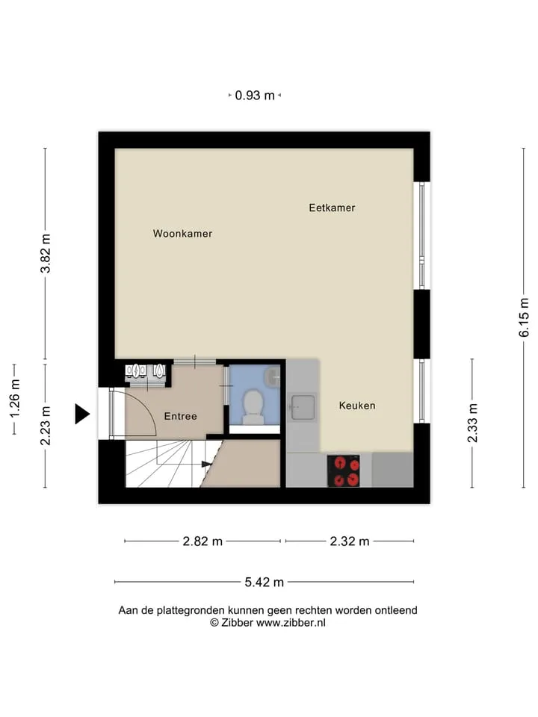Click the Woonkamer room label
pyautogui.click(x=182, y=234)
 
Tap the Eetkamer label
pyautogui.click(x=332, y=208)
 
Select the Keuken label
pyautogui.click(x=357, y=406)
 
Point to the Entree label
pyautogui.click(x=181, y=416)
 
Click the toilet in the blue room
pyautogui.click(x=253, y=406)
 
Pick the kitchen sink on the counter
pyautogui.click(x=303, y=407)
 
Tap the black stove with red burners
pyautogui.click(x=343, y=471)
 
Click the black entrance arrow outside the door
pyautogui.click(x=82, y=414)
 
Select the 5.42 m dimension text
pyautogui.click(x=265, y=582)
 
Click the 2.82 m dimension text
pyautogui.click(x=202, y=541)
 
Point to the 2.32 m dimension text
pyautogui.click(x=350, y=541)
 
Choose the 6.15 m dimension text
pyautogui.click(x=524, y=317)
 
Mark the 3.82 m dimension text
pyautogui.click(x=46, y=253)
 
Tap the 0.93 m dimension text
pyautogui.click(x=255, y=95)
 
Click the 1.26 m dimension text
pyautogui.click(x=15, y=398)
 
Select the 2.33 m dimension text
pyautogui.click(x=472, y=423)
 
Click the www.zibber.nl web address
pyautogui.click(x=291, y=622)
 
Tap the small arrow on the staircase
pyautogui.click(x=207, y=464)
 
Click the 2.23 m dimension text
pyautogui.click(x=46, y=425)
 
